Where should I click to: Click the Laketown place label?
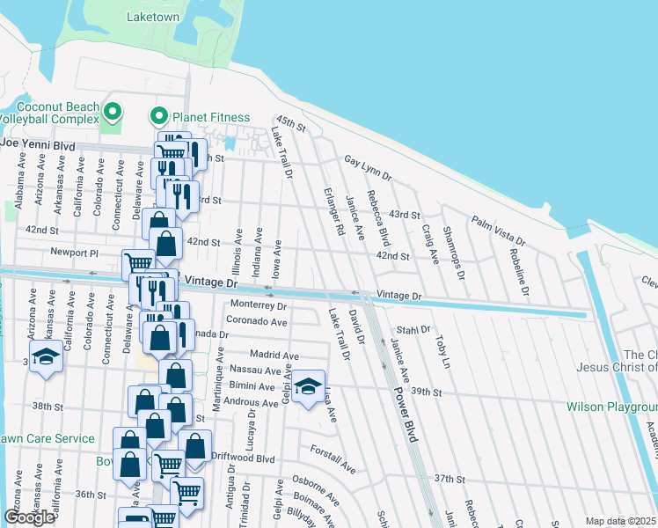point(153,17)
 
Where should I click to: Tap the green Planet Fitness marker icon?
point(159,115)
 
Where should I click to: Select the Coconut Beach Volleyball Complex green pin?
point(112,112)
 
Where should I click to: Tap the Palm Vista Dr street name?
point(498,231)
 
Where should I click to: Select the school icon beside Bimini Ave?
point(308,386)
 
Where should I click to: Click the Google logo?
point(29,517)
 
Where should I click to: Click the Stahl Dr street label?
point(413,330)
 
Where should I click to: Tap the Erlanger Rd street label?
point(333,211)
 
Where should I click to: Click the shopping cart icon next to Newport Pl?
point(139,262)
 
